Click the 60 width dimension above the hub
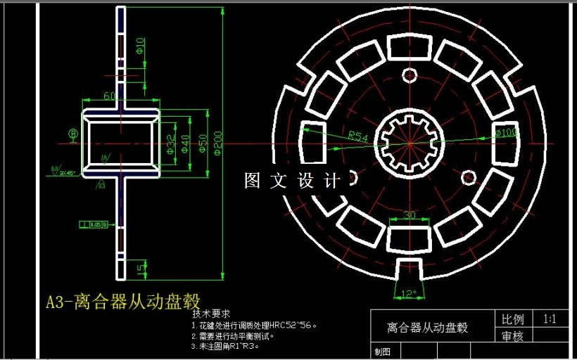110,96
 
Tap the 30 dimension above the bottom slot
409,214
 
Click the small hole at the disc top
410,75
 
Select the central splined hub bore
409,143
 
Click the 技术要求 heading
211,314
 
